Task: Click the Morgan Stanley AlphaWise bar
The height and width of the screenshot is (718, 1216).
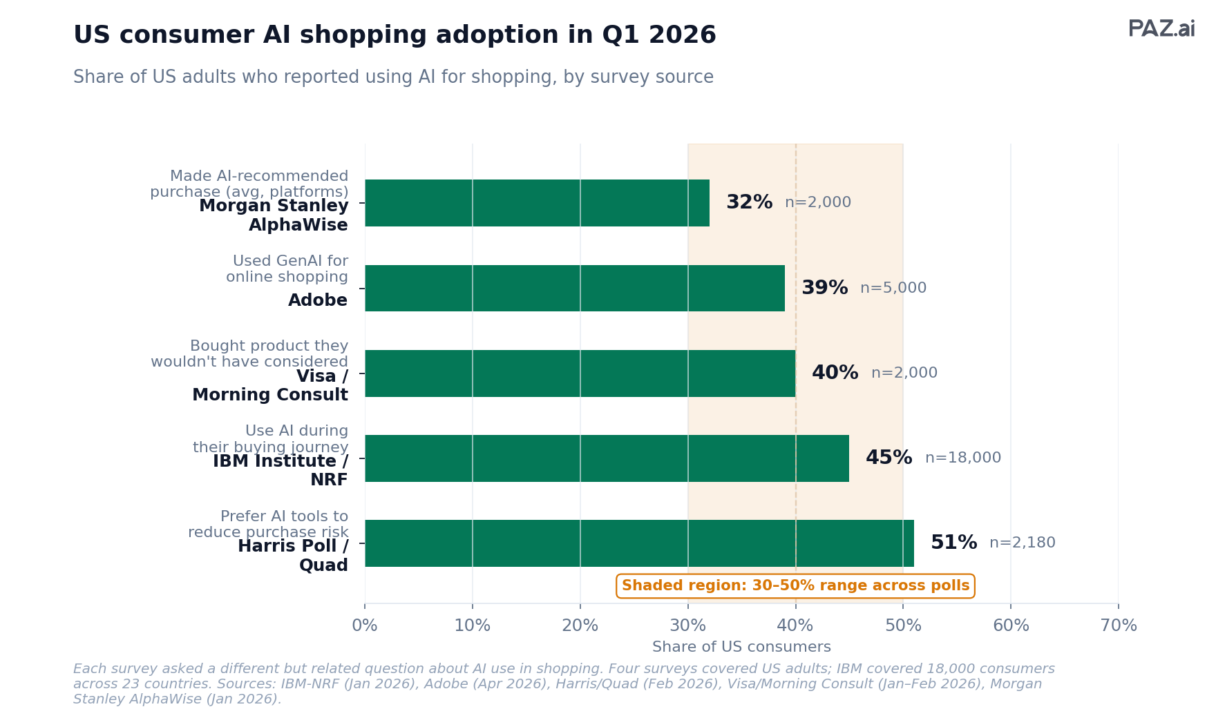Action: pyautogui.click(x=537, y=203)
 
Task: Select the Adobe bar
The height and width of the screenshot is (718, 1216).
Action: pyautogui.click(x=575, y=288)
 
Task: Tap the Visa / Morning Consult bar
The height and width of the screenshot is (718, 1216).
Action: pyautogui.click(x=580, y=373)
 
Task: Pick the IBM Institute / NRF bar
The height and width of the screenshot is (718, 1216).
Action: pyautogui.click(x=607, y=458)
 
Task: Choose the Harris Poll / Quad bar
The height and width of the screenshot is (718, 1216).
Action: pyautogui.click(x=639, y=543)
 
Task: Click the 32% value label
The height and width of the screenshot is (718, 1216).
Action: pyautogui.click(x=749, y=202)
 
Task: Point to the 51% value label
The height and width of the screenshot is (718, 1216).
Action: pyautogui.click(x=953, y=543)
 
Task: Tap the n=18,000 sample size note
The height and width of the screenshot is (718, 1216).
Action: pyautogui.click(x=962, y=458)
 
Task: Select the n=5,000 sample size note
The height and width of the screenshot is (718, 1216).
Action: pyautogui.click(x=893, y=288)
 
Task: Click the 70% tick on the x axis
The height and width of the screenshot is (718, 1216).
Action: pyautogui.click(x=1118, y=625)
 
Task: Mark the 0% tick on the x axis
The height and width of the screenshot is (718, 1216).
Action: pyautogui.click(x=365, y=625)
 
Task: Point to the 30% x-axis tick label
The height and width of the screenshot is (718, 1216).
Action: pyautogui.click(x=687, y=625)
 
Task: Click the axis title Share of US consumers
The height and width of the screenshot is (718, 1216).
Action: pyautogui.click(x=741, y=647)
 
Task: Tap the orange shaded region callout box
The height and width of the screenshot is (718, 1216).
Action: pyautogui.click(x=795, y=585)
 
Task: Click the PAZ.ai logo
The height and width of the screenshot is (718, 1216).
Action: pyautogui.click(x=1161, y=29)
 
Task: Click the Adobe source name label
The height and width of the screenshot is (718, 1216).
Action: pyautogui.click(x=318, y=300)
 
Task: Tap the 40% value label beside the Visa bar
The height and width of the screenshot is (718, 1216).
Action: pyautogui.click(x=835, y=373)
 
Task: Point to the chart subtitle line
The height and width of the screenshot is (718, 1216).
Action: pyautogui.click(x=393, y=77)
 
